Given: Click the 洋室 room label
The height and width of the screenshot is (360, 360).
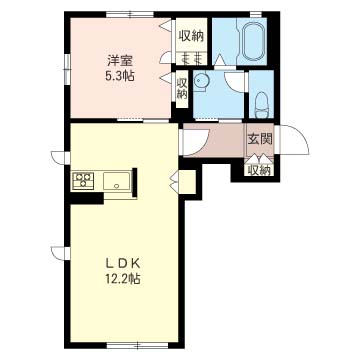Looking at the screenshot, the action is coord(120,62).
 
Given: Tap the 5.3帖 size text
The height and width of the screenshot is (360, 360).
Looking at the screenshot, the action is coord(120,77).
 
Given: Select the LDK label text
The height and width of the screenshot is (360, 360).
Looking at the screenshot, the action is coord(122,264).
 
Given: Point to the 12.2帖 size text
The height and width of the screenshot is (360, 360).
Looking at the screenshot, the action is coord(122,279).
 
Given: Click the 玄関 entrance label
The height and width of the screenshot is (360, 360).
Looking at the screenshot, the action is coord(260,139).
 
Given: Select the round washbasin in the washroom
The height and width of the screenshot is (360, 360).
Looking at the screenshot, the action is coord(200,81).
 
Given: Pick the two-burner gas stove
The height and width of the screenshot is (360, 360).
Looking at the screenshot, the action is coord(83,181).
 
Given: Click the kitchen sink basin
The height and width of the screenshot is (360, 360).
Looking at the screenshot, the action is coord(116,181).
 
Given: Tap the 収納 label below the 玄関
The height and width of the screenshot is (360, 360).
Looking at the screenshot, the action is coord(260,171).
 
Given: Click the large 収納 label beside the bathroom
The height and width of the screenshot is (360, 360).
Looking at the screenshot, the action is coord(191,36).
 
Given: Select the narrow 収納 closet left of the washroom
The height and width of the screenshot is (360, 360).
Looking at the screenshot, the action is coord(182,89).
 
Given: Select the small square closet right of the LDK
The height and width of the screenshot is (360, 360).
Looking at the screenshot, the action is coord(187,182).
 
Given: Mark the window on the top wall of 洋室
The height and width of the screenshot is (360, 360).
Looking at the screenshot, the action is coord(130,14).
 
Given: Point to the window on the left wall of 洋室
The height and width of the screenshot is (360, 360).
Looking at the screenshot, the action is coord(68,67).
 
